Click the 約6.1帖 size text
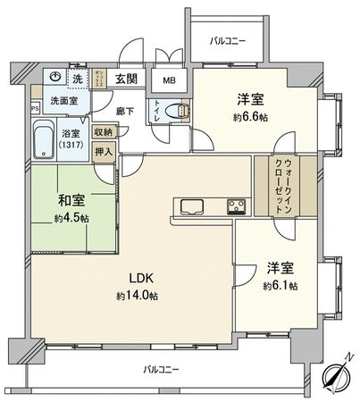(x=280, y=287)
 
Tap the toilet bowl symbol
(x=182, y=113)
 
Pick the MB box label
(x=169, y=80)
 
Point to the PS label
(x=36, y=110)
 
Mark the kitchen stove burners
(x=237, y=208)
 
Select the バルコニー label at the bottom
(x=162, y=369)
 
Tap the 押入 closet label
(x=105, y=153)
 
